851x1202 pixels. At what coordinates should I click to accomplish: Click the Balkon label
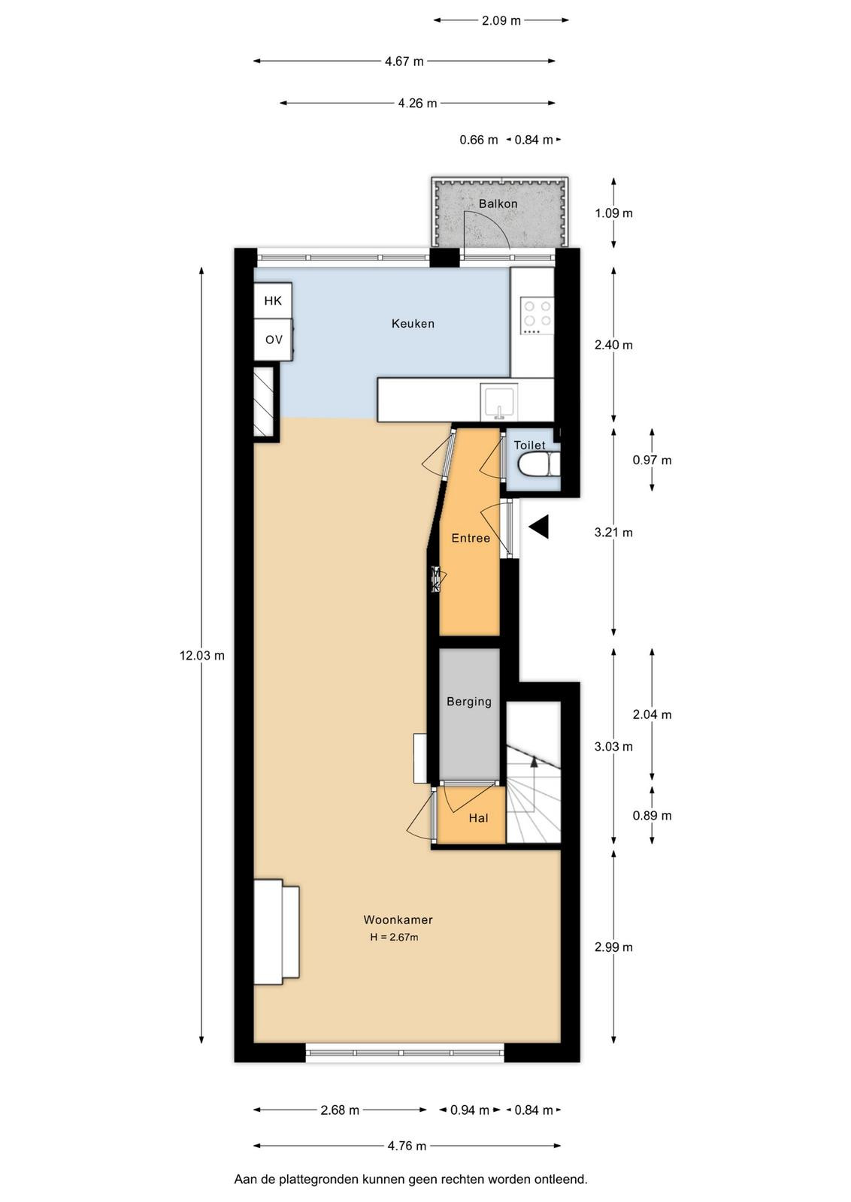click(x=498, y=204)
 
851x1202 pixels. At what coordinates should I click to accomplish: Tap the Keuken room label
click(x=413, y=324)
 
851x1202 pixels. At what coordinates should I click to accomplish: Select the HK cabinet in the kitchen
click(x=273, y=300)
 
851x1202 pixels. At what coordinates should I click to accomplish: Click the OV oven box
click(x=274, y=340)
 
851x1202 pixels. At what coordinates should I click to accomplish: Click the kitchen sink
click(x=499, y=402)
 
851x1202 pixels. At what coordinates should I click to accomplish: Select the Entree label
click(x=471, y=538)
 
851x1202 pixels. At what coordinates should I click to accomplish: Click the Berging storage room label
click(x=468, y=702)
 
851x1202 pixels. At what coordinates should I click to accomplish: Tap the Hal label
click(x=478, y=818)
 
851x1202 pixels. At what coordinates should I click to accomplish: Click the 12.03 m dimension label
click(x=202, y=655)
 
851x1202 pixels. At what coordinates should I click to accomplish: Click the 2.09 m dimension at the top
click(x=501, y=20)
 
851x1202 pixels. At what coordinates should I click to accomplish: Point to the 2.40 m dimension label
click(x=613, y=345)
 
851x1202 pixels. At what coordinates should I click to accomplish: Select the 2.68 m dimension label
click(x=339, y=1110)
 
